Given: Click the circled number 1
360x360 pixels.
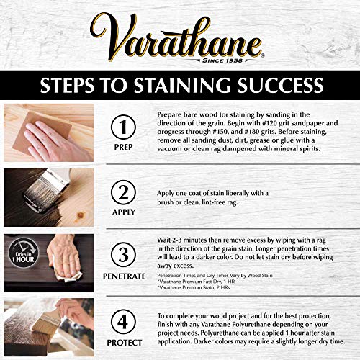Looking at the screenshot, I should (123, 127).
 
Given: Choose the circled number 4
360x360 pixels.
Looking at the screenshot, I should (123, 320).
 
